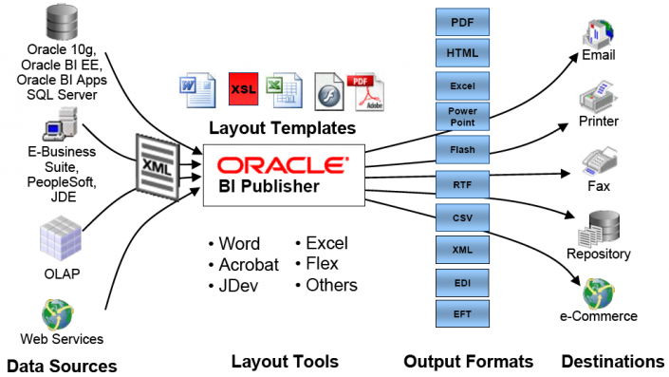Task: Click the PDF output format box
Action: coord(462,21)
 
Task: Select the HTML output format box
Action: coord(462,52)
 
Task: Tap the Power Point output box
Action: coord(462,117)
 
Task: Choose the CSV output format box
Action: coord(462,217)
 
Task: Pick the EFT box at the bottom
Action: coord(462,314)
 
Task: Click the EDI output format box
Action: coord(462,283)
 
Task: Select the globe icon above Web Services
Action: coord(60,312)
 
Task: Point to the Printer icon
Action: coord(598,97)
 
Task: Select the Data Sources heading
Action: coord(62,366)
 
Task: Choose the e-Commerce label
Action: coord(598,316)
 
